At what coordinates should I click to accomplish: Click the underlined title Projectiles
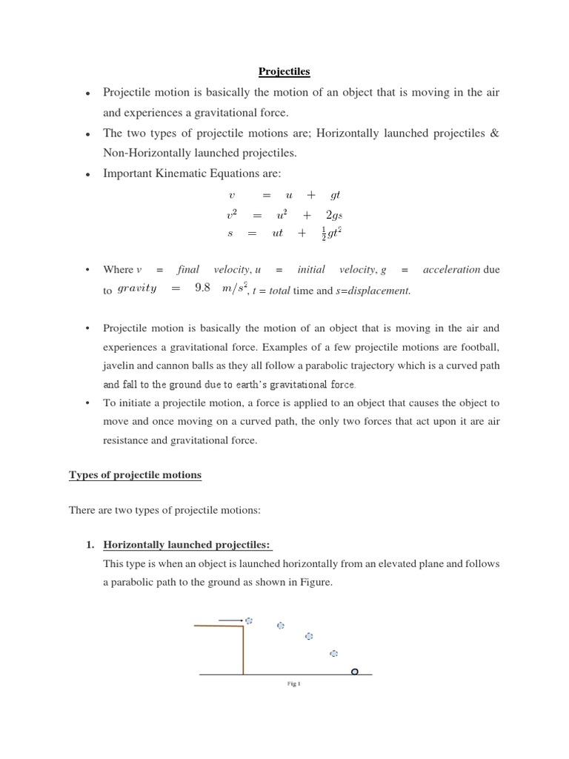[284, 72]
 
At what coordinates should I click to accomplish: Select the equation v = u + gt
[284, 195]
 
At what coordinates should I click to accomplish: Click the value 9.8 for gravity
[203, 288]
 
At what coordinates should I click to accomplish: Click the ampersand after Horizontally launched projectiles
[495, 133]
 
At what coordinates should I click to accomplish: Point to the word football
[480, 347]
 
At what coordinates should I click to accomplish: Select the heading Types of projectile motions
[135, 474]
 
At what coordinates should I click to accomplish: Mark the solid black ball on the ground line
[354, 672]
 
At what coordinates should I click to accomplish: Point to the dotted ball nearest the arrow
[249, 620]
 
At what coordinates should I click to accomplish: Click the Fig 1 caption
[293, 684]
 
